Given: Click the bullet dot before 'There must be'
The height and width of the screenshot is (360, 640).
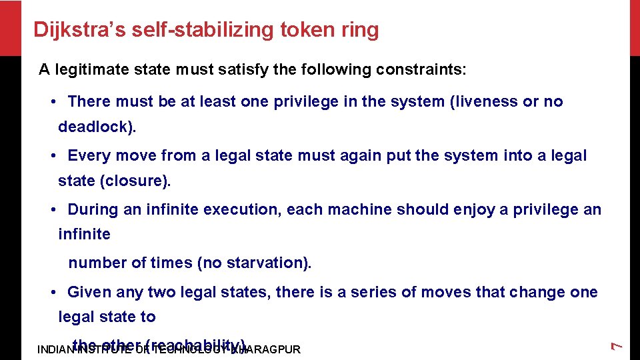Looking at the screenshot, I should [53, 102].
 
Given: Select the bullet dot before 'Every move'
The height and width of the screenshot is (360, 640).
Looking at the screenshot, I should [53, 156].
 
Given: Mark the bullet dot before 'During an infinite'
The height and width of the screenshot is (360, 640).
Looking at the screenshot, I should [53, 209].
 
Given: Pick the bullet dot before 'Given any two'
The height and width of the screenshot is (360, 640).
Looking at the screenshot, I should [53, 292].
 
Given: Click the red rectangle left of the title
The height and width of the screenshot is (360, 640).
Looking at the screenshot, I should [11, 28].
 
